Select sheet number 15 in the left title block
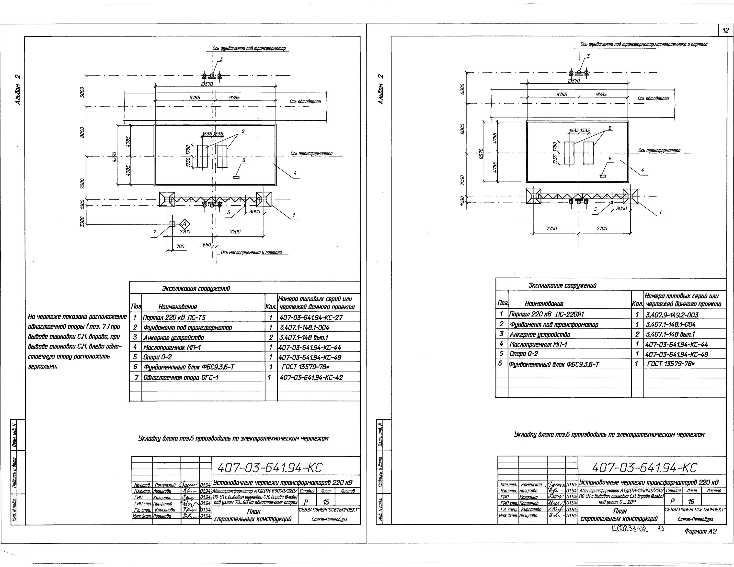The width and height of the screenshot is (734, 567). pos(326,502)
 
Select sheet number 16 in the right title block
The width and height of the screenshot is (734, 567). pos(691,501)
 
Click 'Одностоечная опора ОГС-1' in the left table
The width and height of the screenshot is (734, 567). pos(181,377)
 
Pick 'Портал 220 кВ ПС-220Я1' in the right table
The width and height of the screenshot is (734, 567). pos(547,314)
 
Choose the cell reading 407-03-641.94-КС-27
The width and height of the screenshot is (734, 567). pos(311,317)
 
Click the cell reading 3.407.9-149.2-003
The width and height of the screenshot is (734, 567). pos(672,315)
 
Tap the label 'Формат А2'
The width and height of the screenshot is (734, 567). pos(700,531)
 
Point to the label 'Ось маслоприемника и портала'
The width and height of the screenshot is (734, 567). pos(251,252)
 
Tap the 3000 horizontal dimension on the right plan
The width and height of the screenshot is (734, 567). pos(621,208)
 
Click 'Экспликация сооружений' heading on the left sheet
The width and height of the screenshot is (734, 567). pos(196,288)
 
